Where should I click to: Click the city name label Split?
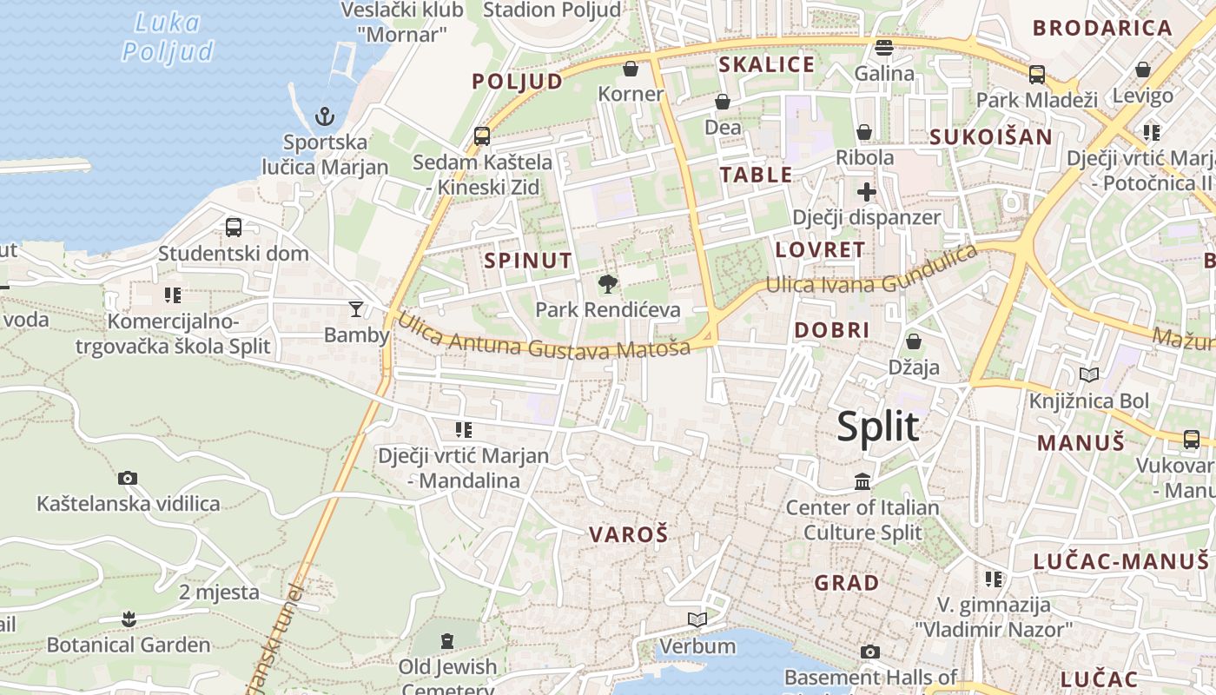[878, 427]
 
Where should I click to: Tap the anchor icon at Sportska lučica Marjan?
[324, 116]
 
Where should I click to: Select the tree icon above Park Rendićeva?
[608, 283]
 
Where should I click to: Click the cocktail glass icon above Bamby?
[356, 308]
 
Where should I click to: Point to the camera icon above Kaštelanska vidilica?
[128, 478]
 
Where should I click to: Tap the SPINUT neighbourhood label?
[528, 261]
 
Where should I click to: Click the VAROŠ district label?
[629, 534]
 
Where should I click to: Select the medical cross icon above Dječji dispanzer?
[866, 192]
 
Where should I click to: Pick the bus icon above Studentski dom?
[233, 228]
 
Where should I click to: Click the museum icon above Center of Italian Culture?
[862, 481]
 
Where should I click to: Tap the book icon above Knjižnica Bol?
[1088, 374]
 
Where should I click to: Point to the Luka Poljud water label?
[168, 37]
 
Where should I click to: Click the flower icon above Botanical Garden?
[129, 619]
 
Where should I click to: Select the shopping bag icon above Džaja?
[913, 341]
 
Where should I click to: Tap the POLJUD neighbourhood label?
[517, 82]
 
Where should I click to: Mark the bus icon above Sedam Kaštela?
[482, 136]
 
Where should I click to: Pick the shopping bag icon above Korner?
[631, 68]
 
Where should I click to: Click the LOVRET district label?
[820, 250]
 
